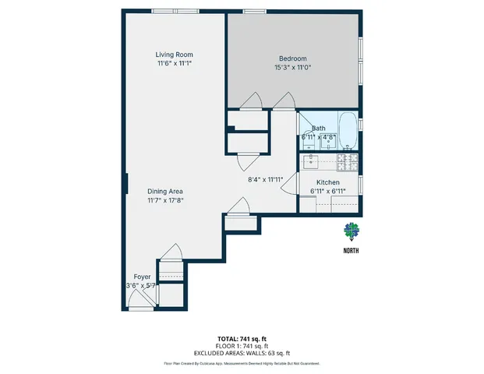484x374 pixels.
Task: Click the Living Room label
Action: (x=174, y=54)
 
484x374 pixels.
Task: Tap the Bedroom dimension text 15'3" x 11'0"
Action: (x=293, y=69)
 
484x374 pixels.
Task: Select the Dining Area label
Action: (x=165, y=191)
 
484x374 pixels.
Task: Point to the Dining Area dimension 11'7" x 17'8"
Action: (x=165, y=200)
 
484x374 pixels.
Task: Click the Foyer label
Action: (x=142, y=277)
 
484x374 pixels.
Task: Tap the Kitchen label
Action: (x=328, y=182)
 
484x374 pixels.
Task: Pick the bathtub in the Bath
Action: (x=348, y=132)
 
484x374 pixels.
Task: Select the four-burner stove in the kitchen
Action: (x=348, y=162)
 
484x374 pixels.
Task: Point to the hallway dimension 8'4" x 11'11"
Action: (x=263, y=179)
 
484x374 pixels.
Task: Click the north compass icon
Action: (x=352, y=231)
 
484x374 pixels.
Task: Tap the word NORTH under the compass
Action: (x=352, y=251)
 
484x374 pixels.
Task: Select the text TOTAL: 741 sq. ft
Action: (x=242, y=339)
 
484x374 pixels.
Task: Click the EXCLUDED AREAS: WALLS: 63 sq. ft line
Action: (x=242, y=353)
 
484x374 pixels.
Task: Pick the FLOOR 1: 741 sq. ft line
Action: (x=242, y=346)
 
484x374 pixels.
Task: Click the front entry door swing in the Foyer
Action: (x=140, y=302)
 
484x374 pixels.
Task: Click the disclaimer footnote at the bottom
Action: (x=242, y=363)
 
